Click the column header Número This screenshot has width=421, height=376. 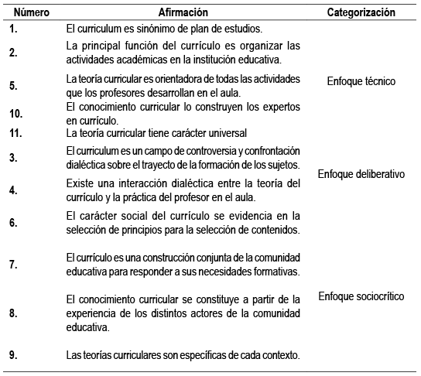point(31,13)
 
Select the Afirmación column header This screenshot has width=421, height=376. point(184,13)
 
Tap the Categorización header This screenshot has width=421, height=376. point(361,13)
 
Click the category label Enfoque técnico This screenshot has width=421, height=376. point(361,80)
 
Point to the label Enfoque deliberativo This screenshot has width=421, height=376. point(361,174)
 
